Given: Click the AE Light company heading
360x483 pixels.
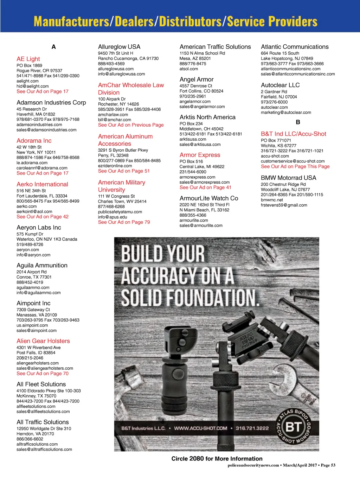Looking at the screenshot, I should tap(28, 59).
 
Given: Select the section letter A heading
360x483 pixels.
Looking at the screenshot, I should tap(53, 47).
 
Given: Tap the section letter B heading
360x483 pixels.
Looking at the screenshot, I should tap(298, 122).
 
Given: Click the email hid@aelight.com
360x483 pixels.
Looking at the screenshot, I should tap(32, 86).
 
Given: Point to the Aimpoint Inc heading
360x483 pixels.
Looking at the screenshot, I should tap(33, 303).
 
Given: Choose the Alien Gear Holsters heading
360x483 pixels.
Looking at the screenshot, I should tap(43, 341).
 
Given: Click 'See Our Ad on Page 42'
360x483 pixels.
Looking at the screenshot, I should tap(43, 217).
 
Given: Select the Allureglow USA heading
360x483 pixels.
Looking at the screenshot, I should tap(119, 47).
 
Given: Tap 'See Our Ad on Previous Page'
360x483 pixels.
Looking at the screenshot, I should tap(131, 125).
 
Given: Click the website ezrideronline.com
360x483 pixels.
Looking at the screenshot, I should tap(115, 166).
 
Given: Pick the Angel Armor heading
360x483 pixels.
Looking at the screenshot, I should tap(197, 80).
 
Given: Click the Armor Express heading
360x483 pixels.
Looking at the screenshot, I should tap(200, 155).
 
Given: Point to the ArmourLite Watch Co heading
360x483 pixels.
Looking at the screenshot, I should tap(209, 198).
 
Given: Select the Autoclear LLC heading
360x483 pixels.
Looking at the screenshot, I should tap(280, 85).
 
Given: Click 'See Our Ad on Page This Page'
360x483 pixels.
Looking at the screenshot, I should tap(295, 166).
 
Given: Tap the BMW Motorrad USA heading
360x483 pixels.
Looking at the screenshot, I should tap(288, 178).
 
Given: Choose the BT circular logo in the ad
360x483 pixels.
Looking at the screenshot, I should tap(294, 427).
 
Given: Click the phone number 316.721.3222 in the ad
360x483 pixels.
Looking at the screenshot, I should tap(252, 428).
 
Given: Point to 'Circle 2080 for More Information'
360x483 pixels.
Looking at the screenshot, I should tap(217, 459).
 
